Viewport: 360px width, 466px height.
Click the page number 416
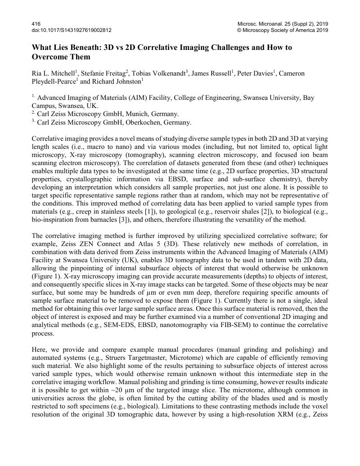pyautogui.click(x=36, y=23)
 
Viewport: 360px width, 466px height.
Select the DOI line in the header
pyautogui.click(x=72, y=30)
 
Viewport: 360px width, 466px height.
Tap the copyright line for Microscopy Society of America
pyautogui.click(x=282, y=30)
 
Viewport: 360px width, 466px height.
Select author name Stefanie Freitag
pyautogui.click(x=103, y=73)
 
